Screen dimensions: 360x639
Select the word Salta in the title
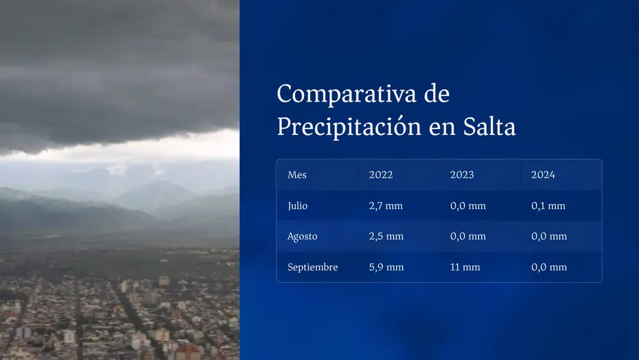[489, 127]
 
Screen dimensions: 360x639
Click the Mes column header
[297, 175]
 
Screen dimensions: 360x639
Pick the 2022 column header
[381, 175]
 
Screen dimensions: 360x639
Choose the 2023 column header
[462, 175]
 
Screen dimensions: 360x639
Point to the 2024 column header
[543, 175]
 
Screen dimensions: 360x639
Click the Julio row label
[298, 206]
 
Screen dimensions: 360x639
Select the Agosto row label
[302, 237]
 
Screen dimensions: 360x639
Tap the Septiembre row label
[312, 267]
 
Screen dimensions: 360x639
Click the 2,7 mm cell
[386, 206]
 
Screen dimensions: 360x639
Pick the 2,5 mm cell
[386, 237]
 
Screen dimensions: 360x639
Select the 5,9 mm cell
[386, 267]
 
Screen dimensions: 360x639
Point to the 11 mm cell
[465, 267]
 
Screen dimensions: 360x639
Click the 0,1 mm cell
[548, 206]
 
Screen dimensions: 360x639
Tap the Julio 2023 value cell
[468, 206]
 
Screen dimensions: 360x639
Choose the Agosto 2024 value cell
[549, 237]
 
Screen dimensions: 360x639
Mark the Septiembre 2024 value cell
[549, 267]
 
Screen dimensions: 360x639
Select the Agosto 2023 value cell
[468, 237]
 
